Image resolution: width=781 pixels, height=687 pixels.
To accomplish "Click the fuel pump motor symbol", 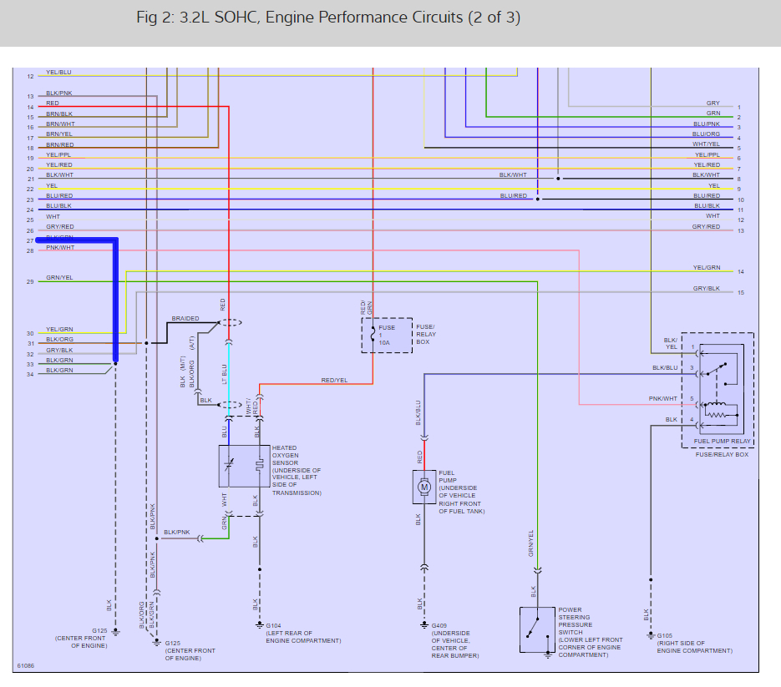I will click(423, 487).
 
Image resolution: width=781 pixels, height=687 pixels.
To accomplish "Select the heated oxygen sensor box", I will click(244, 466).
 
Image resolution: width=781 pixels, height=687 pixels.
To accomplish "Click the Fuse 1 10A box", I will click(387, 335).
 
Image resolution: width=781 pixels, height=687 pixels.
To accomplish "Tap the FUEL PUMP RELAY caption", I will click(723, 441).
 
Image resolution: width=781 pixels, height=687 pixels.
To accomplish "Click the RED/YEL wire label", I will click(335, 380).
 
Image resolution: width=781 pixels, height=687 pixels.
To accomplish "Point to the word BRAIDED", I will click(185, 319).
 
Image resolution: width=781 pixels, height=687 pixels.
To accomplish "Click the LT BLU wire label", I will click(224, 372).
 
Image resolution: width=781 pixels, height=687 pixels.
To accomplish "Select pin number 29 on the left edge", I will click(30, 282).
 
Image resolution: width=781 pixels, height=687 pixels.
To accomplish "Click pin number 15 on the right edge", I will click(740, 293).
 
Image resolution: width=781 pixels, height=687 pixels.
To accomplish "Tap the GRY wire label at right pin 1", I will click(713, 104).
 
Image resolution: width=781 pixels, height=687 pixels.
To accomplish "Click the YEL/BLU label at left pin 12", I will click(58, 73).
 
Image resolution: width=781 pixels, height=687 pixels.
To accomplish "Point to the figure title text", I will click(328, 18).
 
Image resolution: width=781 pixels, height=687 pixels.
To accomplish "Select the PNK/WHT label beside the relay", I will click(665, 399).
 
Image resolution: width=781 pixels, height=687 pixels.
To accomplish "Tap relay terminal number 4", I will click(692, 419).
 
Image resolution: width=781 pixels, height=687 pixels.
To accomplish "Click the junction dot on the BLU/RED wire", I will click(538, 200).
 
